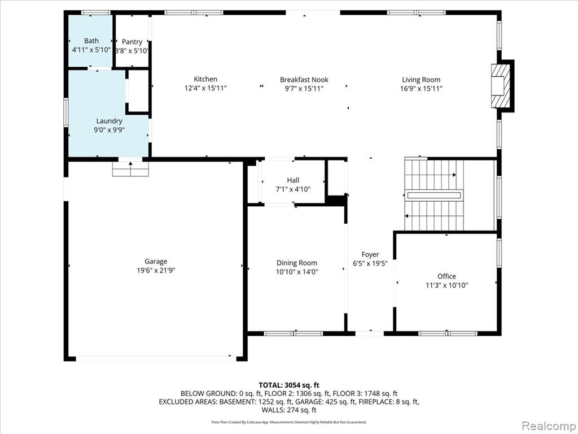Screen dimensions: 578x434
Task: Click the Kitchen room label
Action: tap(205, 79)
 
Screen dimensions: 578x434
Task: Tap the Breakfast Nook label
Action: tap(304, 80)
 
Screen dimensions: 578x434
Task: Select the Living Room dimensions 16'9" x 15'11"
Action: tap(421, 89)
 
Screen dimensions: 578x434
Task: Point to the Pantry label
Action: tap(132, 42)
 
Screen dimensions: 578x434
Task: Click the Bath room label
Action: tap(91, 41)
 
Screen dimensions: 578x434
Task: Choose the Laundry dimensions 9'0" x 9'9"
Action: tap(109, 130)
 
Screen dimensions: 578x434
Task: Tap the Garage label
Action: tap(156, 262)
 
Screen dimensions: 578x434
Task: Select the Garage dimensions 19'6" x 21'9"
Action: tap(156, 271)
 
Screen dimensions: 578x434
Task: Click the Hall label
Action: tap(293, 180)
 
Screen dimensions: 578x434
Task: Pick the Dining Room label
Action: tap(297, 263)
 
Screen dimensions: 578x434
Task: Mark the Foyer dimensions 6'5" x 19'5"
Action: tap(370, 263)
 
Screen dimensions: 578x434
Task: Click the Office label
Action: tap(447, 276)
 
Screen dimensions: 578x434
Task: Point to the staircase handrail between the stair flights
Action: tap(433, 195)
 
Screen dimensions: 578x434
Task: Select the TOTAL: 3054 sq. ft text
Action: tap(289, 385)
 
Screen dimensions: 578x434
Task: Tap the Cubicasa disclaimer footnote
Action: tap(289, 422)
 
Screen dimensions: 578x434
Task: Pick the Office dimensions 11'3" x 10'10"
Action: tap(447, 285)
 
